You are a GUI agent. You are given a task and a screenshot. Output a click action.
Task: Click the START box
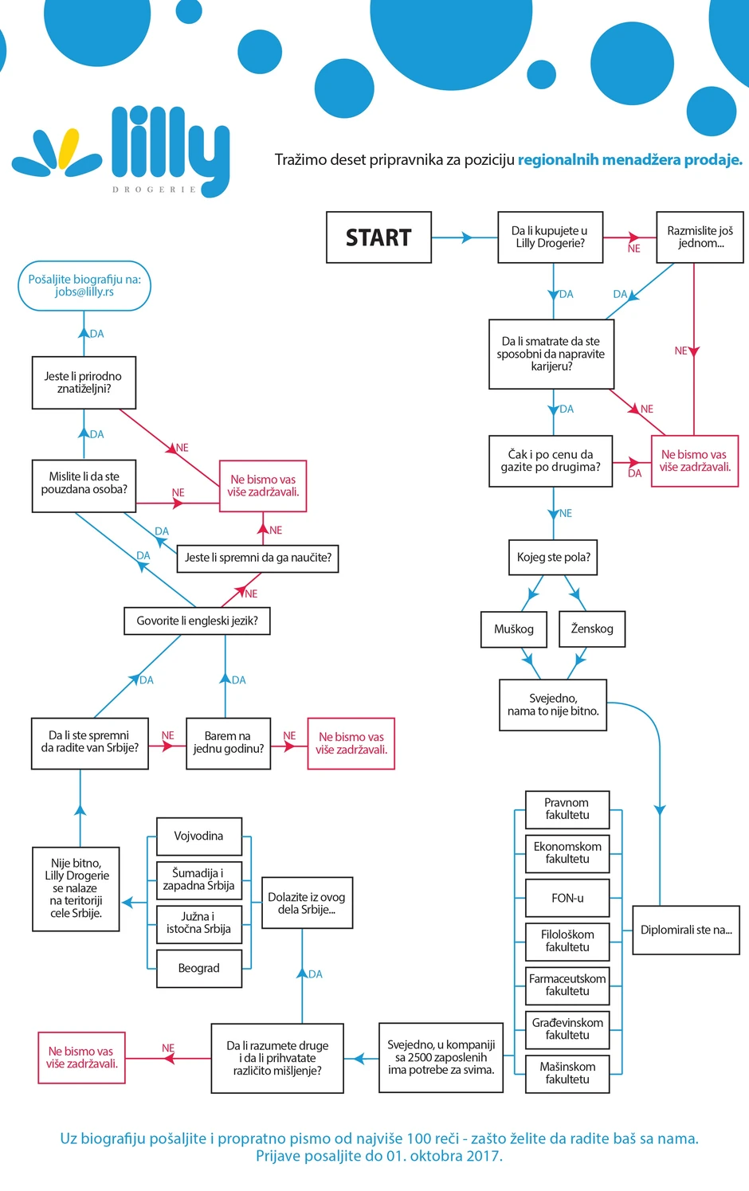(378, 237)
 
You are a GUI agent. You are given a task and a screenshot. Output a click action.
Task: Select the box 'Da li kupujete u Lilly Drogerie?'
(550, 237)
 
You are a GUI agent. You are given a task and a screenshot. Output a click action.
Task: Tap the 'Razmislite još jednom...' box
(700, 237)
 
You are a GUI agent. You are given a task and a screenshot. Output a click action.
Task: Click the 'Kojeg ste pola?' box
(553, 558)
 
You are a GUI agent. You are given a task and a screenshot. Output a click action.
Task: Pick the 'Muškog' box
(514, 629)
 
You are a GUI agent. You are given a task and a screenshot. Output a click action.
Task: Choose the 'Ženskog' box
(592, 629)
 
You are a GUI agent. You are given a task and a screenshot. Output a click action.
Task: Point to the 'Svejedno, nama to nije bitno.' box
(553, 705)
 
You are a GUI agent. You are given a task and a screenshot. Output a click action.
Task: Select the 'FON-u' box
(567, 898)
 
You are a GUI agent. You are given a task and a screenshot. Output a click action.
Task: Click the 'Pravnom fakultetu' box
(567, 809)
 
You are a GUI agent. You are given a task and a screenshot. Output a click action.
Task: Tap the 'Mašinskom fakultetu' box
(567, 1073)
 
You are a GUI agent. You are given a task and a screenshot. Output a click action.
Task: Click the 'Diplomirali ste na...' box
(686, 930)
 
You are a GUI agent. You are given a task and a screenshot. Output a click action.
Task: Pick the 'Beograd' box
(199, 968)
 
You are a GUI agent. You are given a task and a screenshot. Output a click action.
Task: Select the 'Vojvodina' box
(199, 836)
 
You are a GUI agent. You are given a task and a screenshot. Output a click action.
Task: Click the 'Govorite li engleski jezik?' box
(197, 621)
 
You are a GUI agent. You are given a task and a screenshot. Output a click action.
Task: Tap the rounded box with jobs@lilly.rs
(84, 286)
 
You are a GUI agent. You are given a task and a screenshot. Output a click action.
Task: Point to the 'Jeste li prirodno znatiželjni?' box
(84, 382)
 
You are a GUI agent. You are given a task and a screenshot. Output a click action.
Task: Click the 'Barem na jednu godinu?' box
(228, 742)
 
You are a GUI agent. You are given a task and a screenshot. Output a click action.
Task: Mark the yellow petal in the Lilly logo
(69, 149)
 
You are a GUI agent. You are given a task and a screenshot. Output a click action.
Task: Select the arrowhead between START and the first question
(468, 237)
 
